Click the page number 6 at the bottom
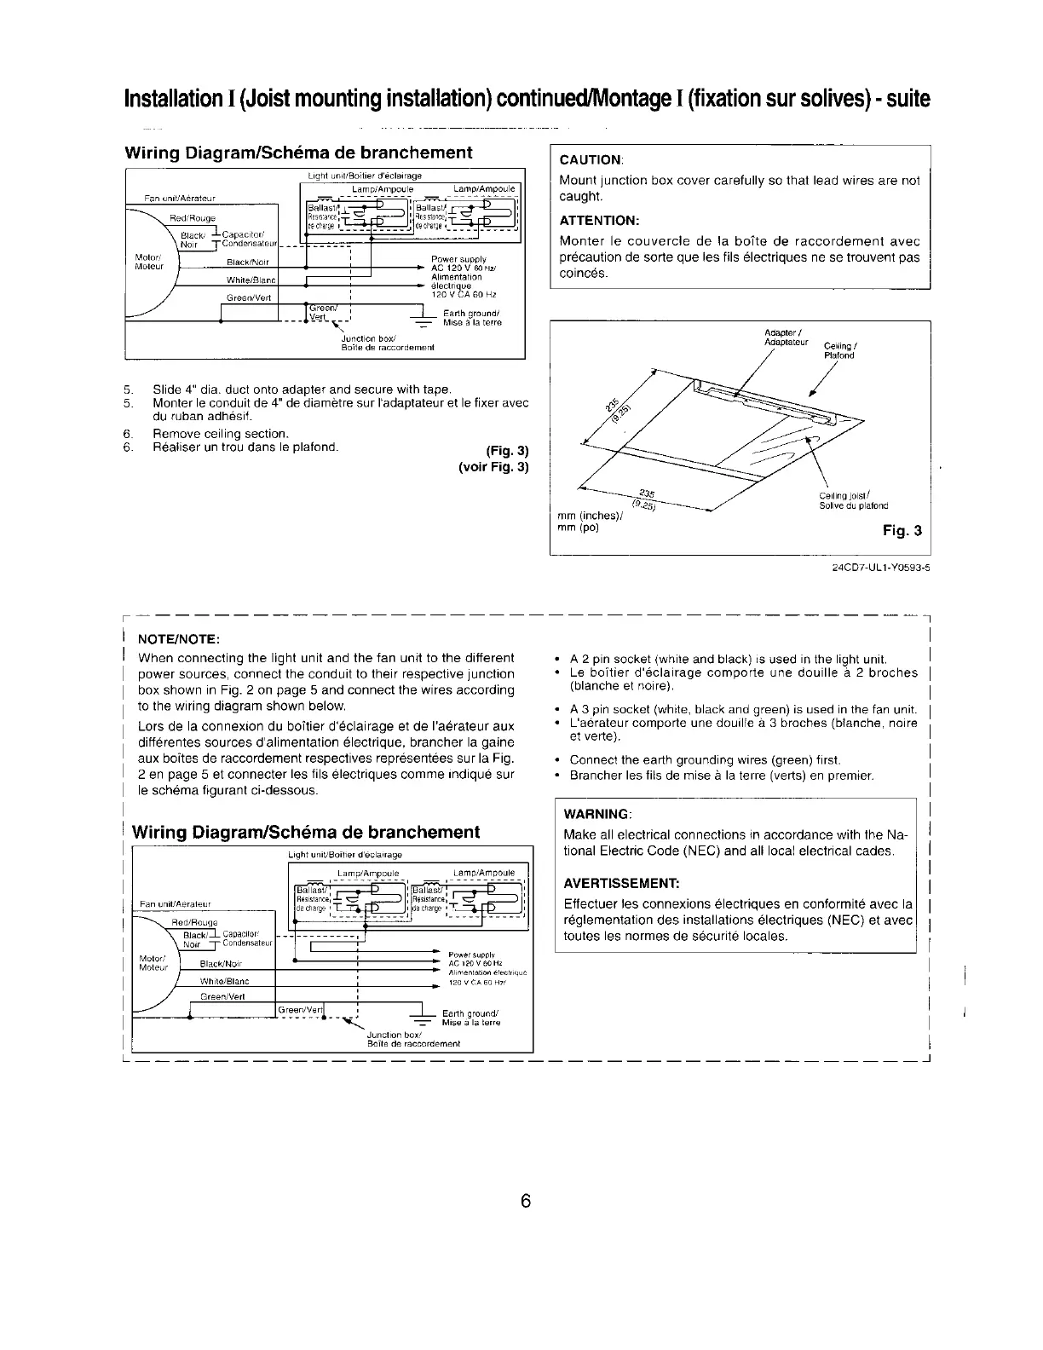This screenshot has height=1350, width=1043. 525,1200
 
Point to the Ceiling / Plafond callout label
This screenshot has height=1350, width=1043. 839,350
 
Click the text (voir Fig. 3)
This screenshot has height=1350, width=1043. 493,467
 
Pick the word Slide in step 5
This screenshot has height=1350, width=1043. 166,390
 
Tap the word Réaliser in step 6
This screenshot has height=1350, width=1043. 176,447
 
